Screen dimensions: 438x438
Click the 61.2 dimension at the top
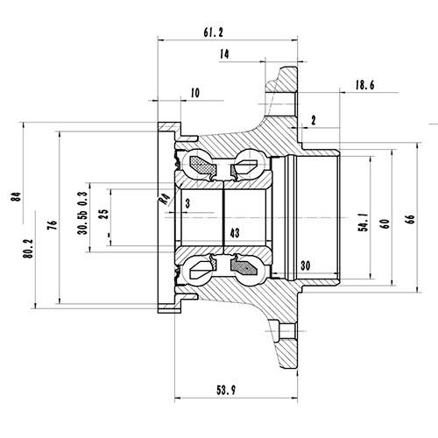(x=213, y=32)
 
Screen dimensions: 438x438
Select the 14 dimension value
(x=226, y=54)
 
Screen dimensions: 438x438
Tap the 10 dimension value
(x=194, y=92)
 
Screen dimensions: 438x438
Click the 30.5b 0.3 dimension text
(x=82, y=215)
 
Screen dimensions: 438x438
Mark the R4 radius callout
(x=163, y=199)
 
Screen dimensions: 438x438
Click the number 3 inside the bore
(x=187, y=203)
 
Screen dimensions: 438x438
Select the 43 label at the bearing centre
(x=234, y=234)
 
